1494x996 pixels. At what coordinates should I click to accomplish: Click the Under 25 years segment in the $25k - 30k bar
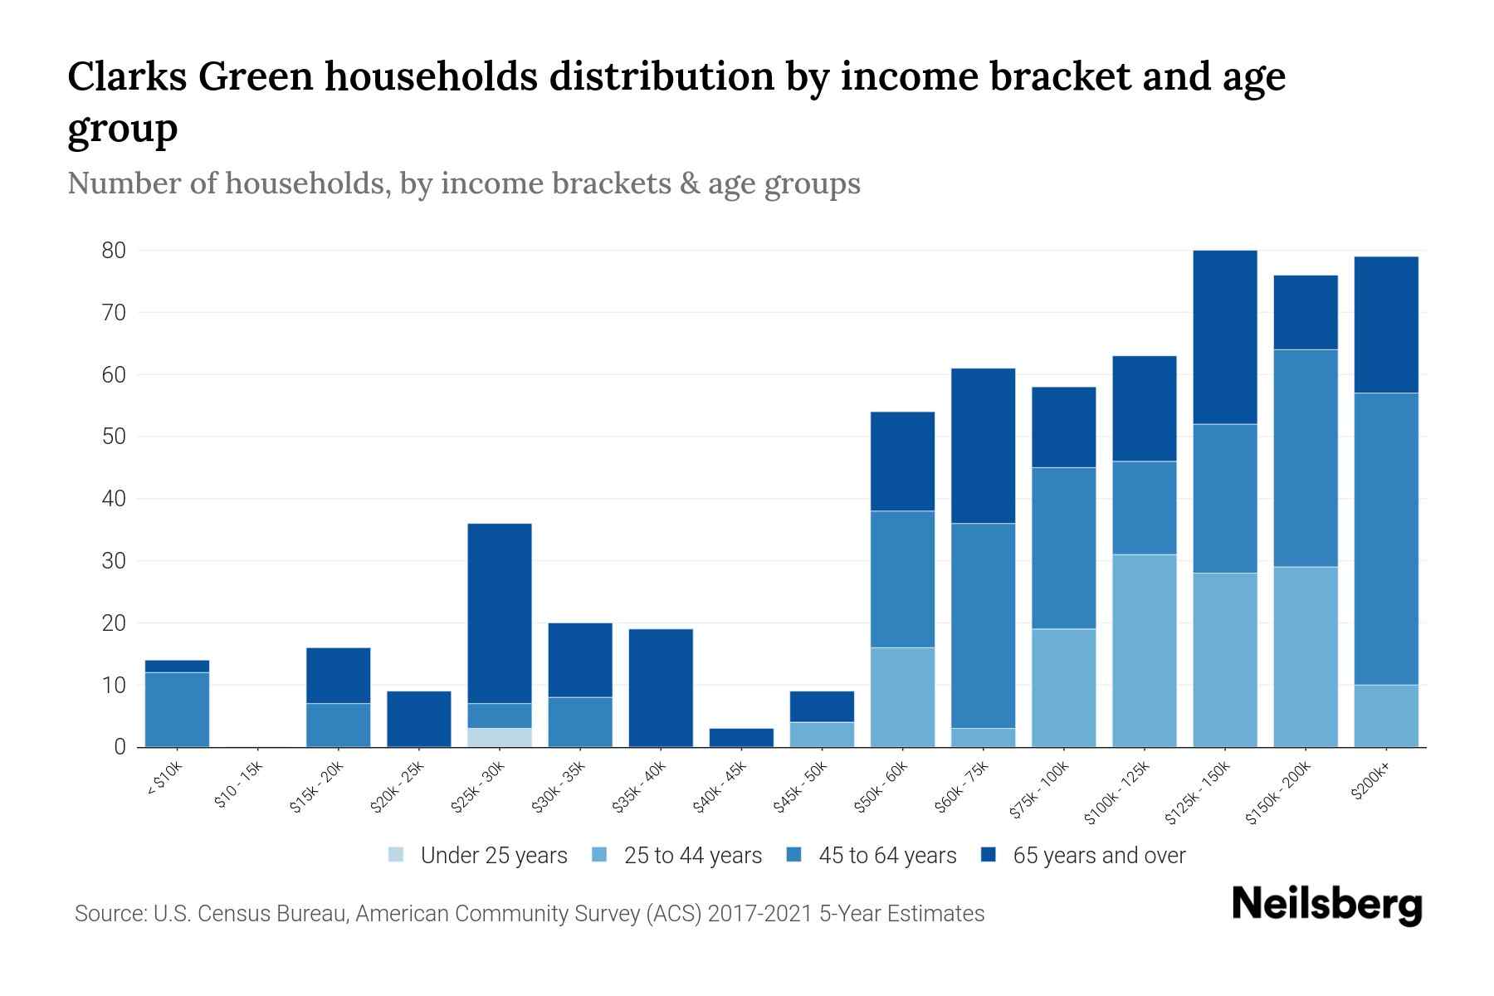click(500, 737)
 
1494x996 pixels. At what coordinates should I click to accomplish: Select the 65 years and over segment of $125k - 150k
click(1224, 337)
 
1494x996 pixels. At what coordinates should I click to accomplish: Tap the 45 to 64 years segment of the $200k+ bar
click(1385, 539)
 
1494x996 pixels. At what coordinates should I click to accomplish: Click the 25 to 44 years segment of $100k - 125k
click(1144, 651)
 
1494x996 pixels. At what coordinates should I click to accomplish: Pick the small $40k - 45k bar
click(741, 737)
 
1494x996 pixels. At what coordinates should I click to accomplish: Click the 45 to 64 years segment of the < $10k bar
click(177, 710)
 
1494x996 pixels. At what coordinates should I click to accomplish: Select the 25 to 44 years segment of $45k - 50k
click(822, 735)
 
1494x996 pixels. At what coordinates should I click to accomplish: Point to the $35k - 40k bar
click(661, 688)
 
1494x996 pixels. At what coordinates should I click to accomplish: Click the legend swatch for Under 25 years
click(397, 855)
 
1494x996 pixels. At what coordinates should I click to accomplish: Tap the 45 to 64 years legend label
click(887, 856)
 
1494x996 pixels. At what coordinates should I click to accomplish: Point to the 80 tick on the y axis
click(113, 251)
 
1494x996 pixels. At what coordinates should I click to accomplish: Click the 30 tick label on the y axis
click(113, 561)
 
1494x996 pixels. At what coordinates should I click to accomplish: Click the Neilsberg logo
click(1326, 904)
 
